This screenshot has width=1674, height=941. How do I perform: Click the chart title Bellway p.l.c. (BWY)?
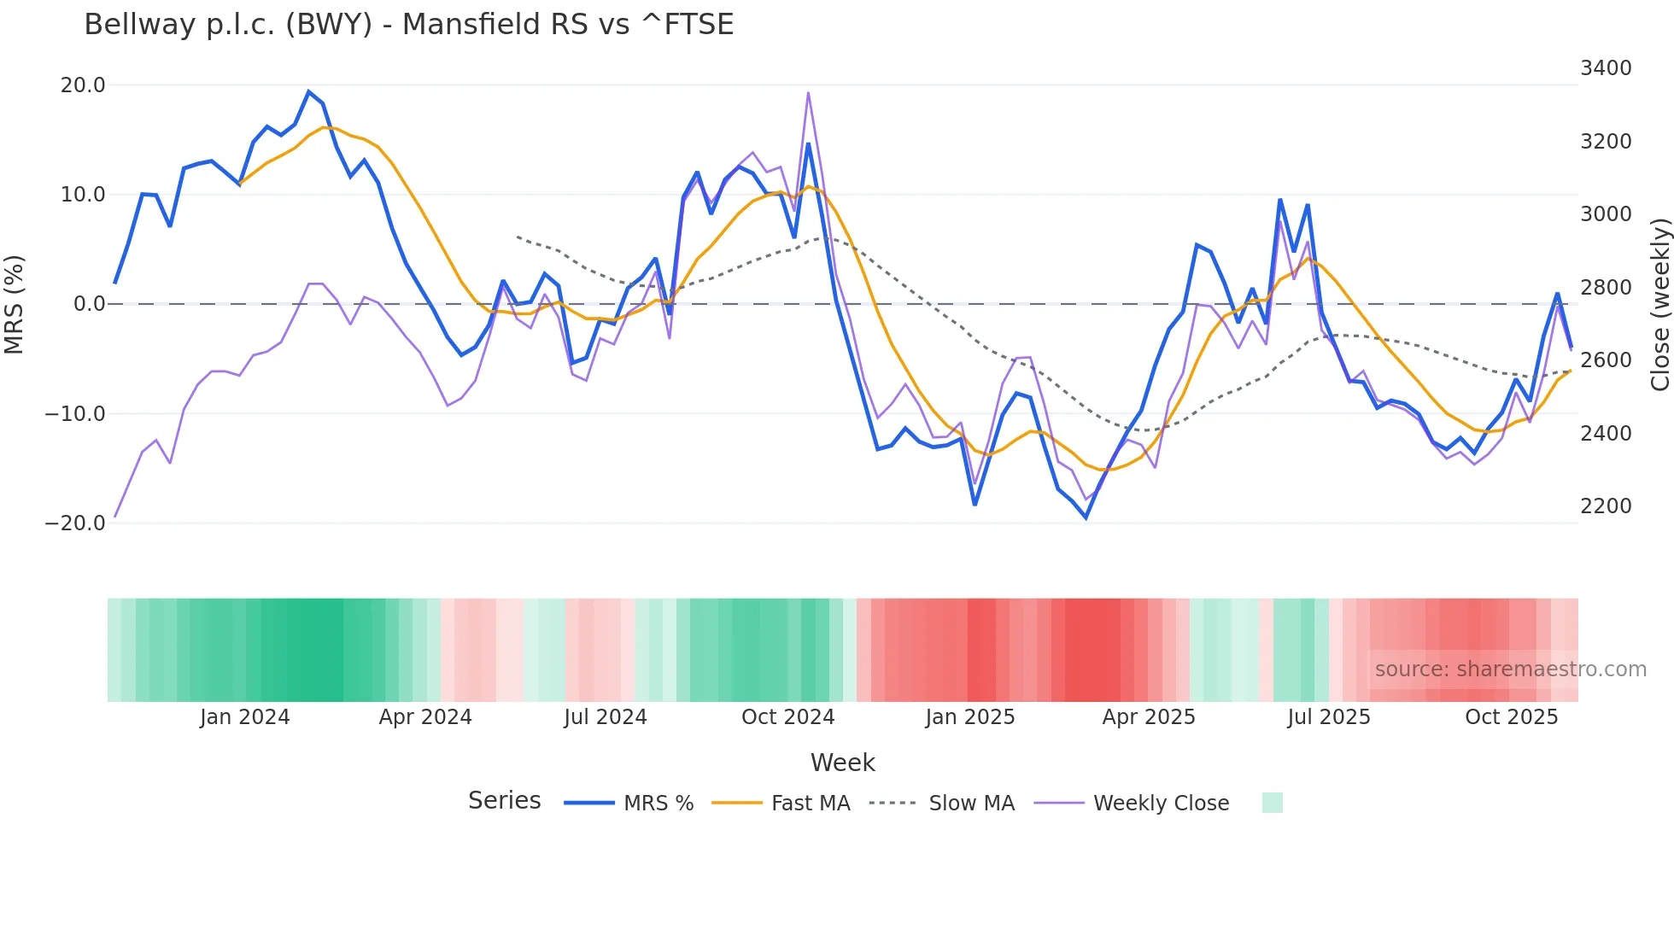408,25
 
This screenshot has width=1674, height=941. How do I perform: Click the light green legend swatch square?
1272,803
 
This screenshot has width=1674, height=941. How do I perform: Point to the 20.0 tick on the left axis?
83,85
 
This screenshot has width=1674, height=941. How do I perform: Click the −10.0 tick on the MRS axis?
75,414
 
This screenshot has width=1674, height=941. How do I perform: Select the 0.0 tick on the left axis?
89,304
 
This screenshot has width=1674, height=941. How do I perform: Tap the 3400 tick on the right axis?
1606,68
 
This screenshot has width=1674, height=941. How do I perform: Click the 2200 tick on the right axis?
1606,506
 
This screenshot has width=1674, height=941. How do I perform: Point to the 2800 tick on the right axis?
1606,288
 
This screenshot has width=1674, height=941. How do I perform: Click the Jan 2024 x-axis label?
245,717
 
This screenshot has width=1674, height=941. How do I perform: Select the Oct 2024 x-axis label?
787,717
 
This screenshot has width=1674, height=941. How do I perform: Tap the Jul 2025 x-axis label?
1328,717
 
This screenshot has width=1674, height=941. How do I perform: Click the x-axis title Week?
842,763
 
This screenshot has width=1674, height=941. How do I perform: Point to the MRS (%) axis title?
15,304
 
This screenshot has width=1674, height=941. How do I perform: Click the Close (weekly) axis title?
1659,304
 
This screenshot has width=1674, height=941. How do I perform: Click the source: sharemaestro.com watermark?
1510,669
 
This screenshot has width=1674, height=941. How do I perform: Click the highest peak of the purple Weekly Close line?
808,93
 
